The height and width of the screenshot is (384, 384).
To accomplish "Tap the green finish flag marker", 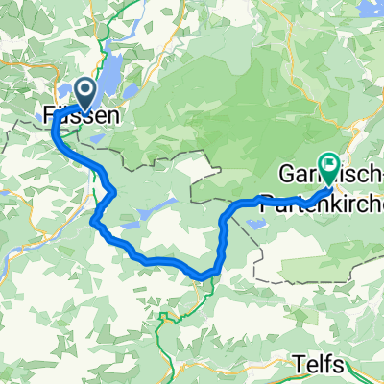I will click(328, 169).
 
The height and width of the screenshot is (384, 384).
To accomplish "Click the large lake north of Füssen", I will click(110, 72).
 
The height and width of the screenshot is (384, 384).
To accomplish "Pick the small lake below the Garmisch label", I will click(255, 224).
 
